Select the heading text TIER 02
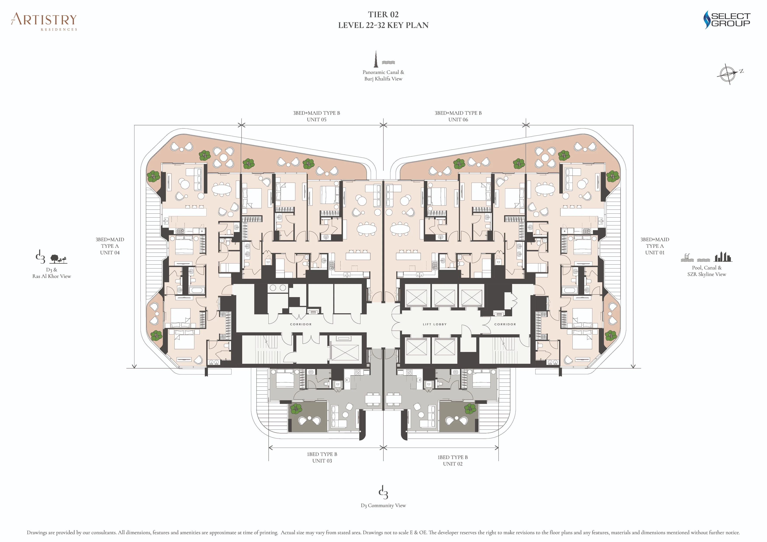383,14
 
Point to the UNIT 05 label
316,119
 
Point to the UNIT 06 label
458,119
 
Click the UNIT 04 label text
110,253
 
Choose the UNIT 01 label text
654,253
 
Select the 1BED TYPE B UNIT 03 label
322,457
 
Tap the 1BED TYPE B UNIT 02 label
453,461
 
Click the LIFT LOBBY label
434,324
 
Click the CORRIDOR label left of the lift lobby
301,324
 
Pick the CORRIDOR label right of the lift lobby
505,324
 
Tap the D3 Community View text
383,506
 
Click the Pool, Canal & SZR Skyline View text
706,271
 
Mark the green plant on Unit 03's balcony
296,409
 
